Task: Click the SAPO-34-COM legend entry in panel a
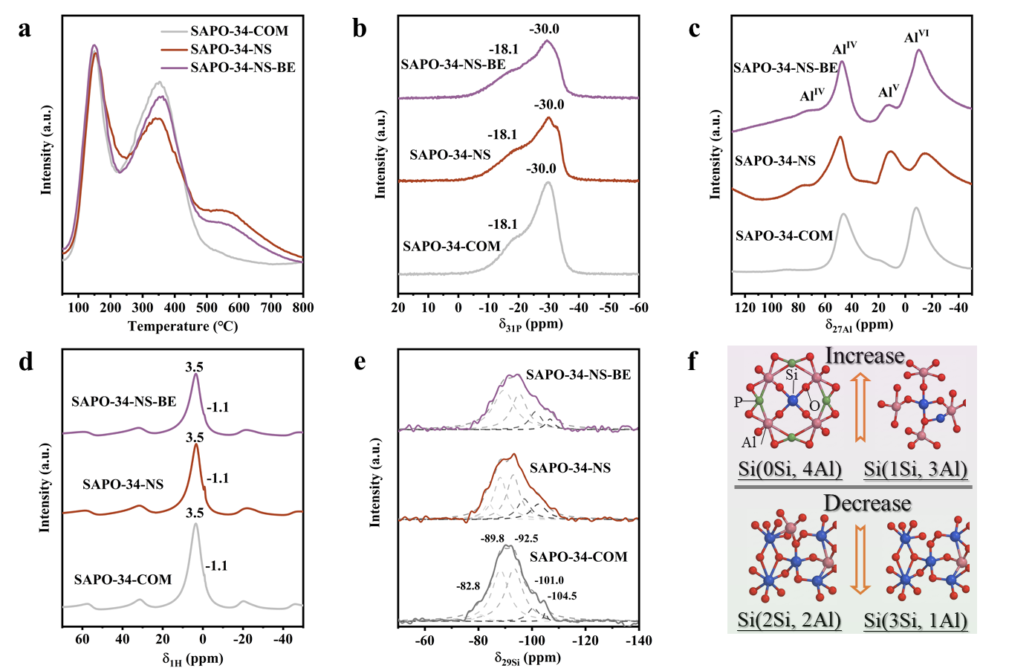(x=225, y=30)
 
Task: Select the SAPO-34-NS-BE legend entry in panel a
(x=228, y=68)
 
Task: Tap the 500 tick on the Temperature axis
(x=207, y=308)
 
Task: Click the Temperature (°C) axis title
(x=183, y=325)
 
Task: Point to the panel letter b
(x=359, y=29)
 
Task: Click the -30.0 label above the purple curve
(x=544, y=29)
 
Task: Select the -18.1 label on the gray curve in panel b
(x=503, y=224)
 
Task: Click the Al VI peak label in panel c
(x=916, y=36)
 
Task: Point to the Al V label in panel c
(x=889, y=91)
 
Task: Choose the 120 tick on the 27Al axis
(x=745, y=308)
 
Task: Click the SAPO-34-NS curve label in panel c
(x=775, y=161)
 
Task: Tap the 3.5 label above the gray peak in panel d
(x=195, y=513)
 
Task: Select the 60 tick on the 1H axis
(x=82, y=640)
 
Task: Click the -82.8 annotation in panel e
(x=468, y=586)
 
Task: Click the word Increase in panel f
(x=864, y=355)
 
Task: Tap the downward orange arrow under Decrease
(x=860, y=560)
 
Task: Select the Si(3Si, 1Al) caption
(x=915, y=620)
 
